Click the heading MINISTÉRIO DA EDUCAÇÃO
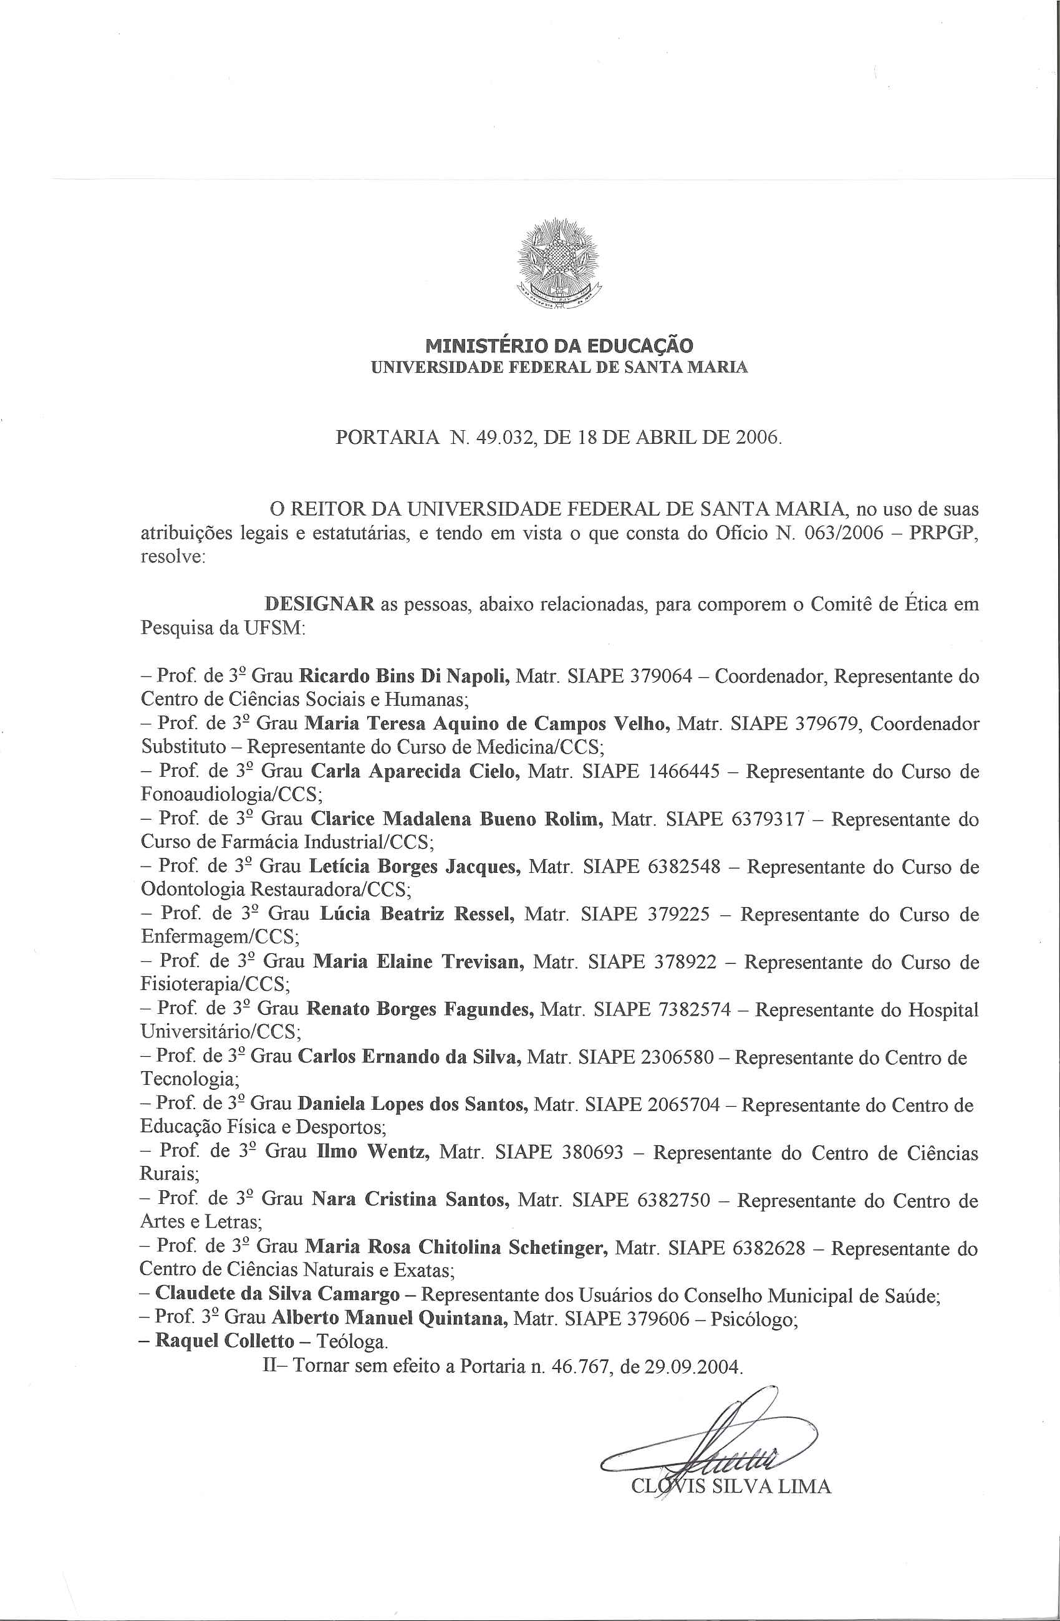559,345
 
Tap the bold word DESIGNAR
319,604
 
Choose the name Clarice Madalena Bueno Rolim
457,819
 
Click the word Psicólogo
754,1319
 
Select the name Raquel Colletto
225,1341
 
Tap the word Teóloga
352,1342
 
